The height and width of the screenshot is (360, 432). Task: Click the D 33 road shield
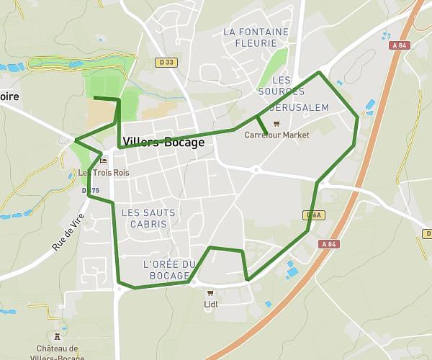(166, 63)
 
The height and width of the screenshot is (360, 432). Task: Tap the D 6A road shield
(312, 215)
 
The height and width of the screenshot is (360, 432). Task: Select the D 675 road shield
(91, 191)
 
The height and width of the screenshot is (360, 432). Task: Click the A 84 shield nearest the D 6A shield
(328, 244)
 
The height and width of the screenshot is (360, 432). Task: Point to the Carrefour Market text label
(276, 135)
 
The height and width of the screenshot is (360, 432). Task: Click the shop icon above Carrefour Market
(276, 124)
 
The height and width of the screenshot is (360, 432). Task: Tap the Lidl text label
(211, 304)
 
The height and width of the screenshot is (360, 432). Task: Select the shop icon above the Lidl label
(210, 293)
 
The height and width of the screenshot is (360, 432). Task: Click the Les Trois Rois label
(104, 173)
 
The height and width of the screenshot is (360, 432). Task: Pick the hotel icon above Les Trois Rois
(104, 161)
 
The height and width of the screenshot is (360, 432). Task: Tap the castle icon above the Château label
(58, 336)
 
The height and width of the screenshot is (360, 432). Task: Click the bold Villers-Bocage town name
(164, 143)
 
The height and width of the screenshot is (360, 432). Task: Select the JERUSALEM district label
(300, 108)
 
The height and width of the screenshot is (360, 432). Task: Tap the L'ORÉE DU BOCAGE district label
(170, 270)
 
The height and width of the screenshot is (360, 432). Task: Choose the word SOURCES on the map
(281, 91)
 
